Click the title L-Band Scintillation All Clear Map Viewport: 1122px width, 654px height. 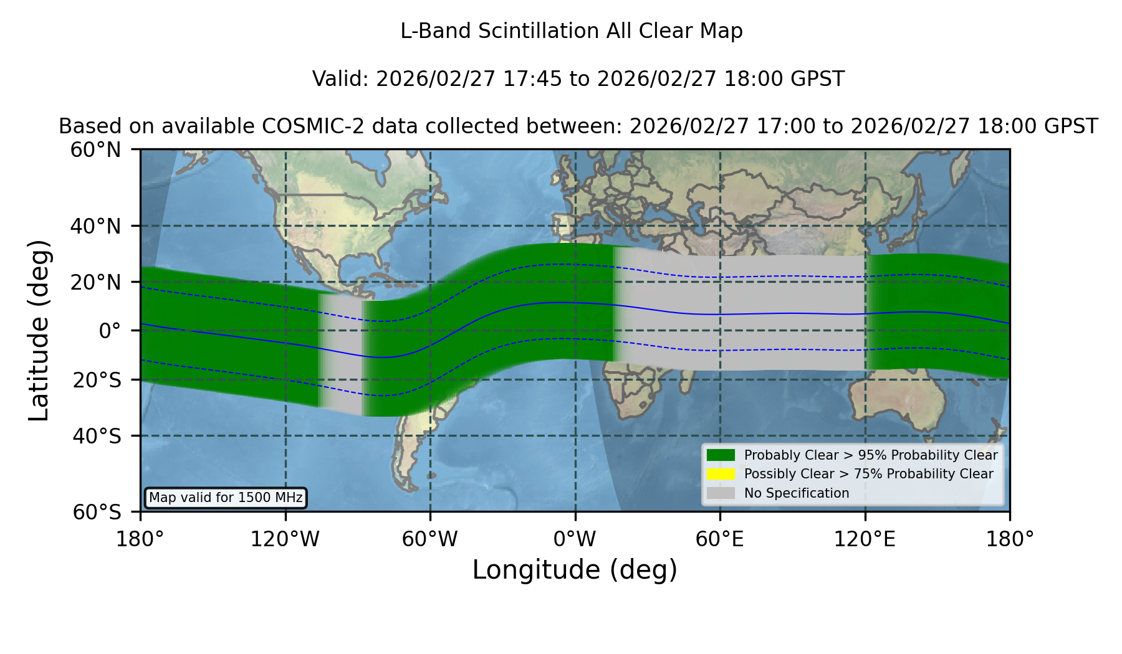pos(571,31)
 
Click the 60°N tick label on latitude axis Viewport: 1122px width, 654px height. pos(95,150)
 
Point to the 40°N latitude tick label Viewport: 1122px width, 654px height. pos(95,226)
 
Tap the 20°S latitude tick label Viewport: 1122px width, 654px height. pos(97,380)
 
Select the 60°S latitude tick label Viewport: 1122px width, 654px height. pos(97,512)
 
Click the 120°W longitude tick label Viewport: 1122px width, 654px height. pos(285,539)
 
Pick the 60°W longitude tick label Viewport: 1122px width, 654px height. pos(430,539)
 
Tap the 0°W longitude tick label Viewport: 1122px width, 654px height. pos(575,539)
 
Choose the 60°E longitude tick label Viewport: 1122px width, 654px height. pos(720,539)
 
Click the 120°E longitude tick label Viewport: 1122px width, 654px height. pos(865,539)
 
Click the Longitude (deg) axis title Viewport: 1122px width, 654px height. pos(575,570)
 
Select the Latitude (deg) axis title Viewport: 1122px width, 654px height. pos(39,330)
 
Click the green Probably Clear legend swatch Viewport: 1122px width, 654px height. pos(721,455)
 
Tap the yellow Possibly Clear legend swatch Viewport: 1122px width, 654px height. pos(721,474)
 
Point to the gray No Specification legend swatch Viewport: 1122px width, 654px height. pos(721,493)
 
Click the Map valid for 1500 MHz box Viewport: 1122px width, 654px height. pos(226,498)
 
